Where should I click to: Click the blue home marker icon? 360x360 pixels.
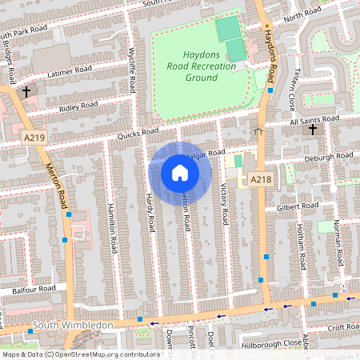pyautogui.click(x=180, y=173)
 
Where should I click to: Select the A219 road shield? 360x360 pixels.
pyautogui.click(x=34, y=138)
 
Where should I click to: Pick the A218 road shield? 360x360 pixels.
pyautogui.click(x=258, y=180)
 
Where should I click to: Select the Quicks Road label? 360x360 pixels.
pyautogui.click(x=138, y=134)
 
